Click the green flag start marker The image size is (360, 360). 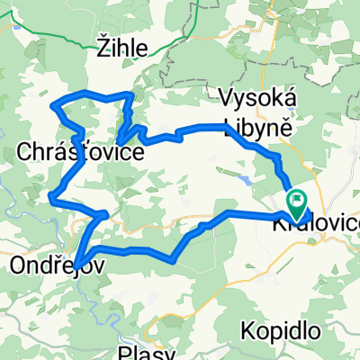(x=294, y=198)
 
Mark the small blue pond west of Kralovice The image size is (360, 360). (x=245, y=180)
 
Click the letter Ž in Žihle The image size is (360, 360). (x=103, y=52)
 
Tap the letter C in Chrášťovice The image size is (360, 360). (x=25, y=154)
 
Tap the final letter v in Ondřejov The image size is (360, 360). (x=89, y=266)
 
